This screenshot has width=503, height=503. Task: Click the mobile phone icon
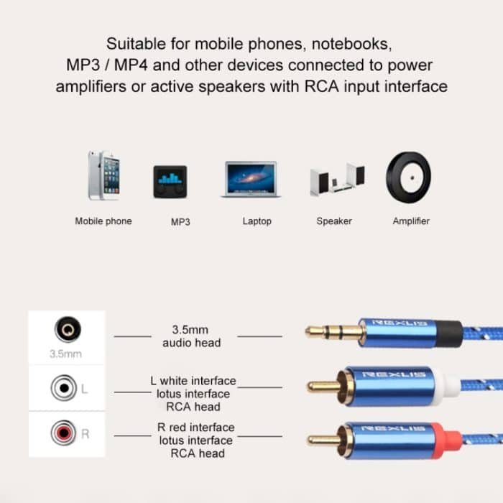coord(103,175)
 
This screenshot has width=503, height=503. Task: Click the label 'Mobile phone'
coord(103,221)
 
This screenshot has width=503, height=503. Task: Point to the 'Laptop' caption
coord(257,221)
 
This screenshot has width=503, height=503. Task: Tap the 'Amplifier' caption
coord(411,221)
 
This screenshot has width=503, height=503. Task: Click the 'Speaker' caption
coord(334,221)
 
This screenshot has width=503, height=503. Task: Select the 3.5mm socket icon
coord(67,331)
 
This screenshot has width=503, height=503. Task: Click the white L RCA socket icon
coord(63,389)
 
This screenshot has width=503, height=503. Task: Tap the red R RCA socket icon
coord(63,434)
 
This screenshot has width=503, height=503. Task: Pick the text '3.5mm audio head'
coord(190,336)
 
